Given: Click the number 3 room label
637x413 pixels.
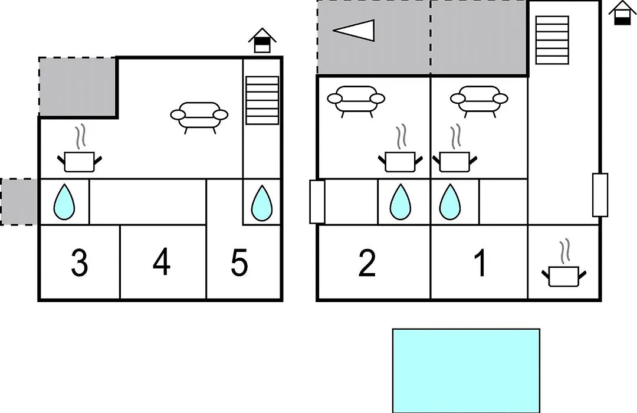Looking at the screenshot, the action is [x=79, y=263].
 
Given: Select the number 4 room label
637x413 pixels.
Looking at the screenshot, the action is [x=162, y=262].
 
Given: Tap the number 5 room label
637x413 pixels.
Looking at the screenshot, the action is [x=239, y=263].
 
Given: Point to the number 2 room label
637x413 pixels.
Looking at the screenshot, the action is [x=367, y=263].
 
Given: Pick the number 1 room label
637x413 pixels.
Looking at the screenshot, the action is [x=480, y=263].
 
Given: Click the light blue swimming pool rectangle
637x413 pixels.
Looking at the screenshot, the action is [x=466, y=371].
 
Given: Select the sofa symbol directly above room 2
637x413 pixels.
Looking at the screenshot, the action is [x=356, y=101].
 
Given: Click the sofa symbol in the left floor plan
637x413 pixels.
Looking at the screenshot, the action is [x=199, y=117].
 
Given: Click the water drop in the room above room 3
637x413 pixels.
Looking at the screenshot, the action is [x=64, y=202].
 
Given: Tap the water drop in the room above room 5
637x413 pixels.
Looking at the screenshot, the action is [x=262, y=203].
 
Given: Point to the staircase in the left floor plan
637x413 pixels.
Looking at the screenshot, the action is [x=262, y=100].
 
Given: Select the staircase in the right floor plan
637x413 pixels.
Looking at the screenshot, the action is [x=552, y=40].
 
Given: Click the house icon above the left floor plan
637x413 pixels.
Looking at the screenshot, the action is [x=262, y=40].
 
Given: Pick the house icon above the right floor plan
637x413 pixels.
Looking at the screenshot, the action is [x=622, y=12].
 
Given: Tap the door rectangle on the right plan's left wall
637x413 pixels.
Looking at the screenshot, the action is [x=317, y=202].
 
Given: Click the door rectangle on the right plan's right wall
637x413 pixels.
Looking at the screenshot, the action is [x=600, y=195].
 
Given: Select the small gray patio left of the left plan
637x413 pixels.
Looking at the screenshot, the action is [x=19, y=202].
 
